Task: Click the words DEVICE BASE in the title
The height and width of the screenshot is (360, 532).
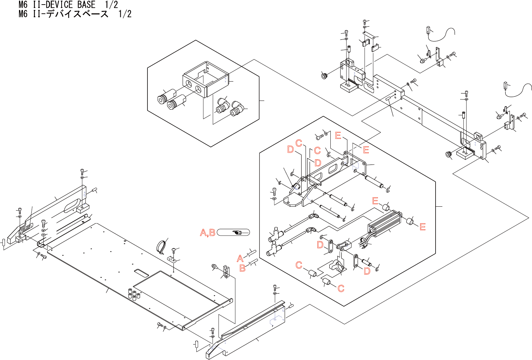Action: click(x=70, y=5)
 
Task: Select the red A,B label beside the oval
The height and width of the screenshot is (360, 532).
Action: click(x=208, y=233)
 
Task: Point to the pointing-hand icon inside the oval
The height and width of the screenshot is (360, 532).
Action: click(x=237, y=232)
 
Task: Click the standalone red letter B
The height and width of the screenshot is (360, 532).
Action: click(x=242, y=268)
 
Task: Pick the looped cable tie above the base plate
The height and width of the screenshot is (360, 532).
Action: click(x=162, y=246)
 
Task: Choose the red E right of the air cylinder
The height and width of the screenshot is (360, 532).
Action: click(x=423, y=227)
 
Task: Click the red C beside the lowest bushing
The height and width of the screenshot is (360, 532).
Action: click(x=341, y=289)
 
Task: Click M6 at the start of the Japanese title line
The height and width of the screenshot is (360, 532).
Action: click(x=23, y=14)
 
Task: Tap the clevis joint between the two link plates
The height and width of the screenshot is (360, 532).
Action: click(x=343, y=245)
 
